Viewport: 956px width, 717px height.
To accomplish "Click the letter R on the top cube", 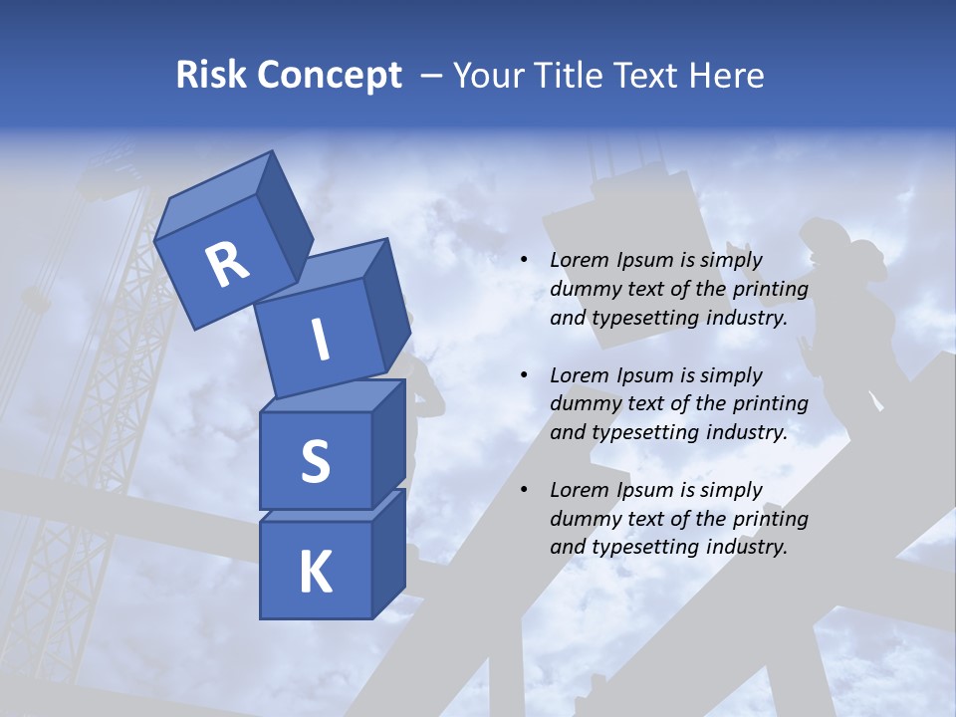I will click(227, 265).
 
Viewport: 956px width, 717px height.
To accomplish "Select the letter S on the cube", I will click(315, 461).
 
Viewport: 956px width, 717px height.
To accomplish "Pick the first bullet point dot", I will click(524, 261).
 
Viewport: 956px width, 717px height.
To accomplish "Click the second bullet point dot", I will click(524, 375).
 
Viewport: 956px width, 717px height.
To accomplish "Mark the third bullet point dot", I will click(524, 490).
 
